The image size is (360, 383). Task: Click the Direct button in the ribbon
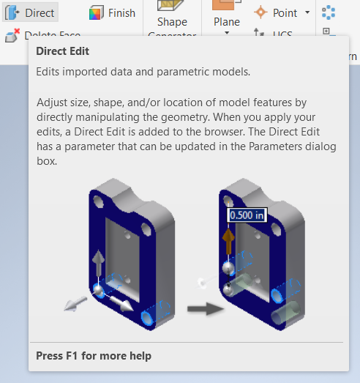click(31, 12)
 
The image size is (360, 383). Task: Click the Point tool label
click(285, 12)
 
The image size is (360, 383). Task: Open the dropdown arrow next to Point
click(307, 12)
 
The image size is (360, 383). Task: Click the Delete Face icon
click(12, 35)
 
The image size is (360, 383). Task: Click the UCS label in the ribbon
click(282, 34)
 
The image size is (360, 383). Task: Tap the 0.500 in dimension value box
click(247, 215)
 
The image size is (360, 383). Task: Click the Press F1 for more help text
click(94, 356)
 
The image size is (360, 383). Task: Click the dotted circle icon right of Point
click(329, 12)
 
